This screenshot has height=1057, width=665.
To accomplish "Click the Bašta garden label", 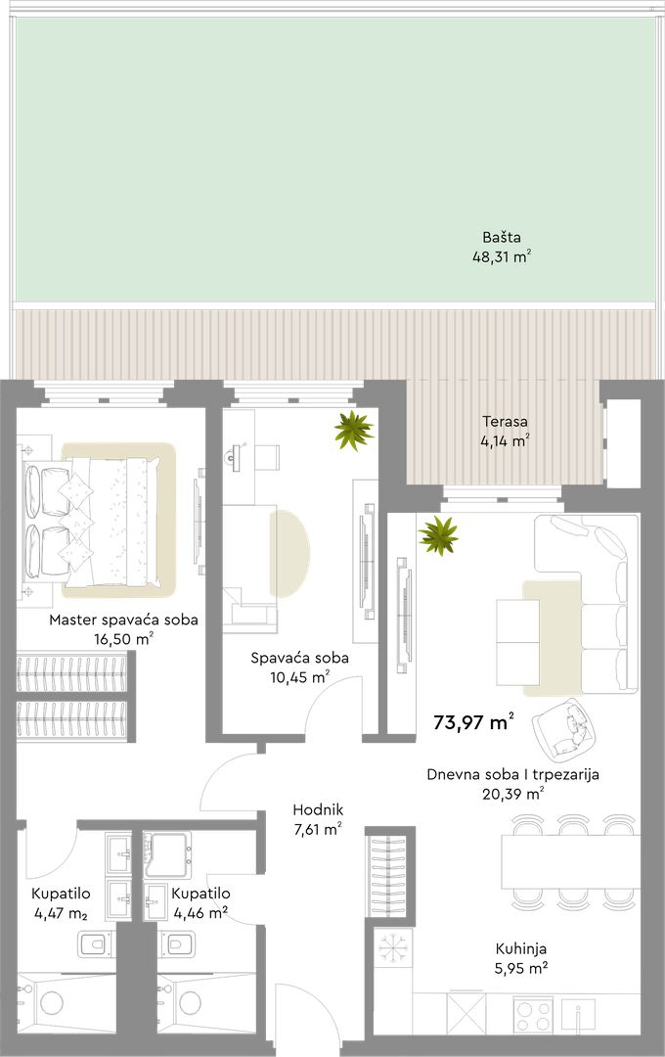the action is coord(502,237).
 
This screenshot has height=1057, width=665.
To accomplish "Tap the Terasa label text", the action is coord(505,422).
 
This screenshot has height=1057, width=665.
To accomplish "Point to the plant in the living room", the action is coord(438,535).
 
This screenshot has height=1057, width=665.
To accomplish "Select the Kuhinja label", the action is coord(521,949).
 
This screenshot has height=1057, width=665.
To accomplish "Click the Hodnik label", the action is coord(318,810).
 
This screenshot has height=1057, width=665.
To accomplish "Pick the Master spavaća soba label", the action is coord(123,620).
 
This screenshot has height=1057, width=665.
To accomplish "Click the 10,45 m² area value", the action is coord(300,677).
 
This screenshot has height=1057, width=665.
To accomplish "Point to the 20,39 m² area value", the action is coord(513,794).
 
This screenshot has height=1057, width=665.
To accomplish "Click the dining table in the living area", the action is coord(570,861).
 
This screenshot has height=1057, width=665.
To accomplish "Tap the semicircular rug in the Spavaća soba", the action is coord(289,554).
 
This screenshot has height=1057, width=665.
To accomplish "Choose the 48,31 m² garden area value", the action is coord(502,256).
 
